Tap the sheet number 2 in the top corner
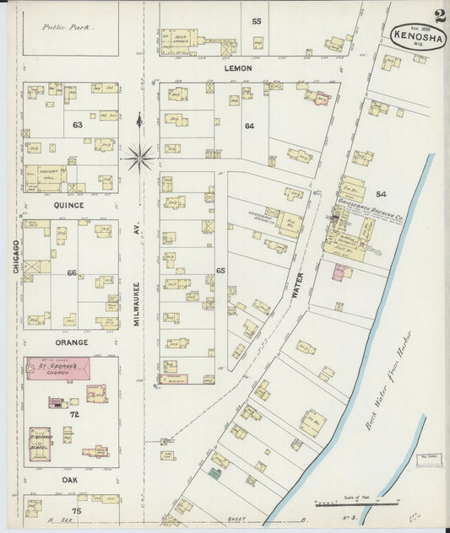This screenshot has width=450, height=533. (x=440, y=14)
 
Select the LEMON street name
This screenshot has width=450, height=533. (x=239, y=67)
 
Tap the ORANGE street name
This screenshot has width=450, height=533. (x=71, y=342)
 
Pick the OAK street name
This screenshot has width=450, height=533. (x=70, y=479)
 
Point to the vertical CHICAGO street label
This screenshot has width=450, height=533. (x=14, y=254)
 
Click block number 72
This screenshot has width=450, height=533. (x=73, y=416)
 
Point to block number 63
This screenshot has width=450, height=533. (x=78, y=125)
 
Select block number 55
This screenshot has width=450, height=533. (x=256, y=20)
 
